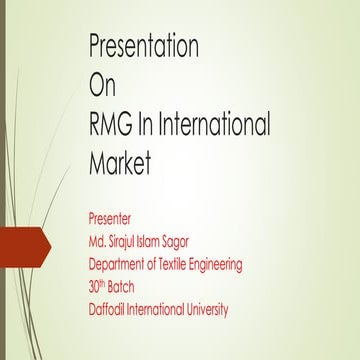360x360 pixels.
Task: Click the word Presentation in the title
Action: click(144, 47)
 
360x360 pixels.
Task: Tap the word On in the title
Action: click(103, 86)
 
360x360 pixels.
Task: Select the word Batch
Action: click(131, 287)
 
